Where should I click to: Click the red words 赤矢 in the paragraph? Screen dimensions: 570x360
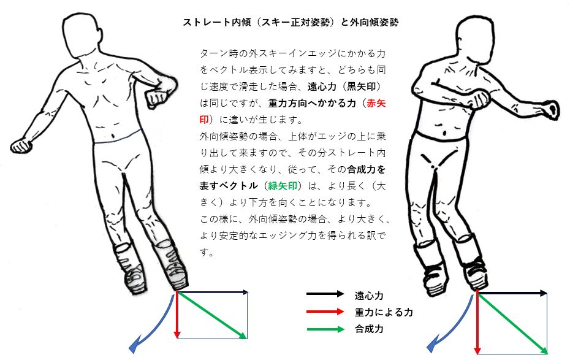coord(376,103)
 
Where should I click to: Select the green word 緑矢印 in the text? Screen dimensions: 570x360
coord(283,186)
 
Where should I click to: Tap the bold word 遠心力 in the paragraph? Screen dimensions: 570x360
coord(322,86)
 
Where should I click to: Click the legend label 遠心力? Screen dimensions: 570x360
coord(369,296)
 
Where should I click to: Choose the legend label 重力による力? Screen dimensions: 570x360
coord(384,312)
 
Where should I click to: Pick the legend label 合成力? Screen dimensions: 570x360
coord(369,329)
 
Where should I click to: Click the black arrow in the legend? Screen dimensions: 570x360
coord(325,294)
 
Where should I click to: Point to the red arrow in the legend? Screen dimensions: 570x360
coord(325,312)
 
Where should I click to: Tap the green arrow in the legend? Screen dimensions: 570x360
coord(325,329)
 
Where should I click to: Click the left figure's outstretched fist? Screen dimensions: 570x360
coord(21,145)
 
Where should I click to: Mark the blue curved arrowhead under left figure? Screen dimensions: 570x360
coord(134,347)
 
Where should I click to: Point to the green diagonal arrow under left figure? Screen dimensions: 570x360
coord(212,315)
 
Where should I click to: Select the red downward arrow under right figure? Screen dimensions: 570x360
coord(477,322)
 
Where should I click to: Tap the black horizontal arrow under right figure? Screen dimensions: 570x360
coord(512,293)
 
